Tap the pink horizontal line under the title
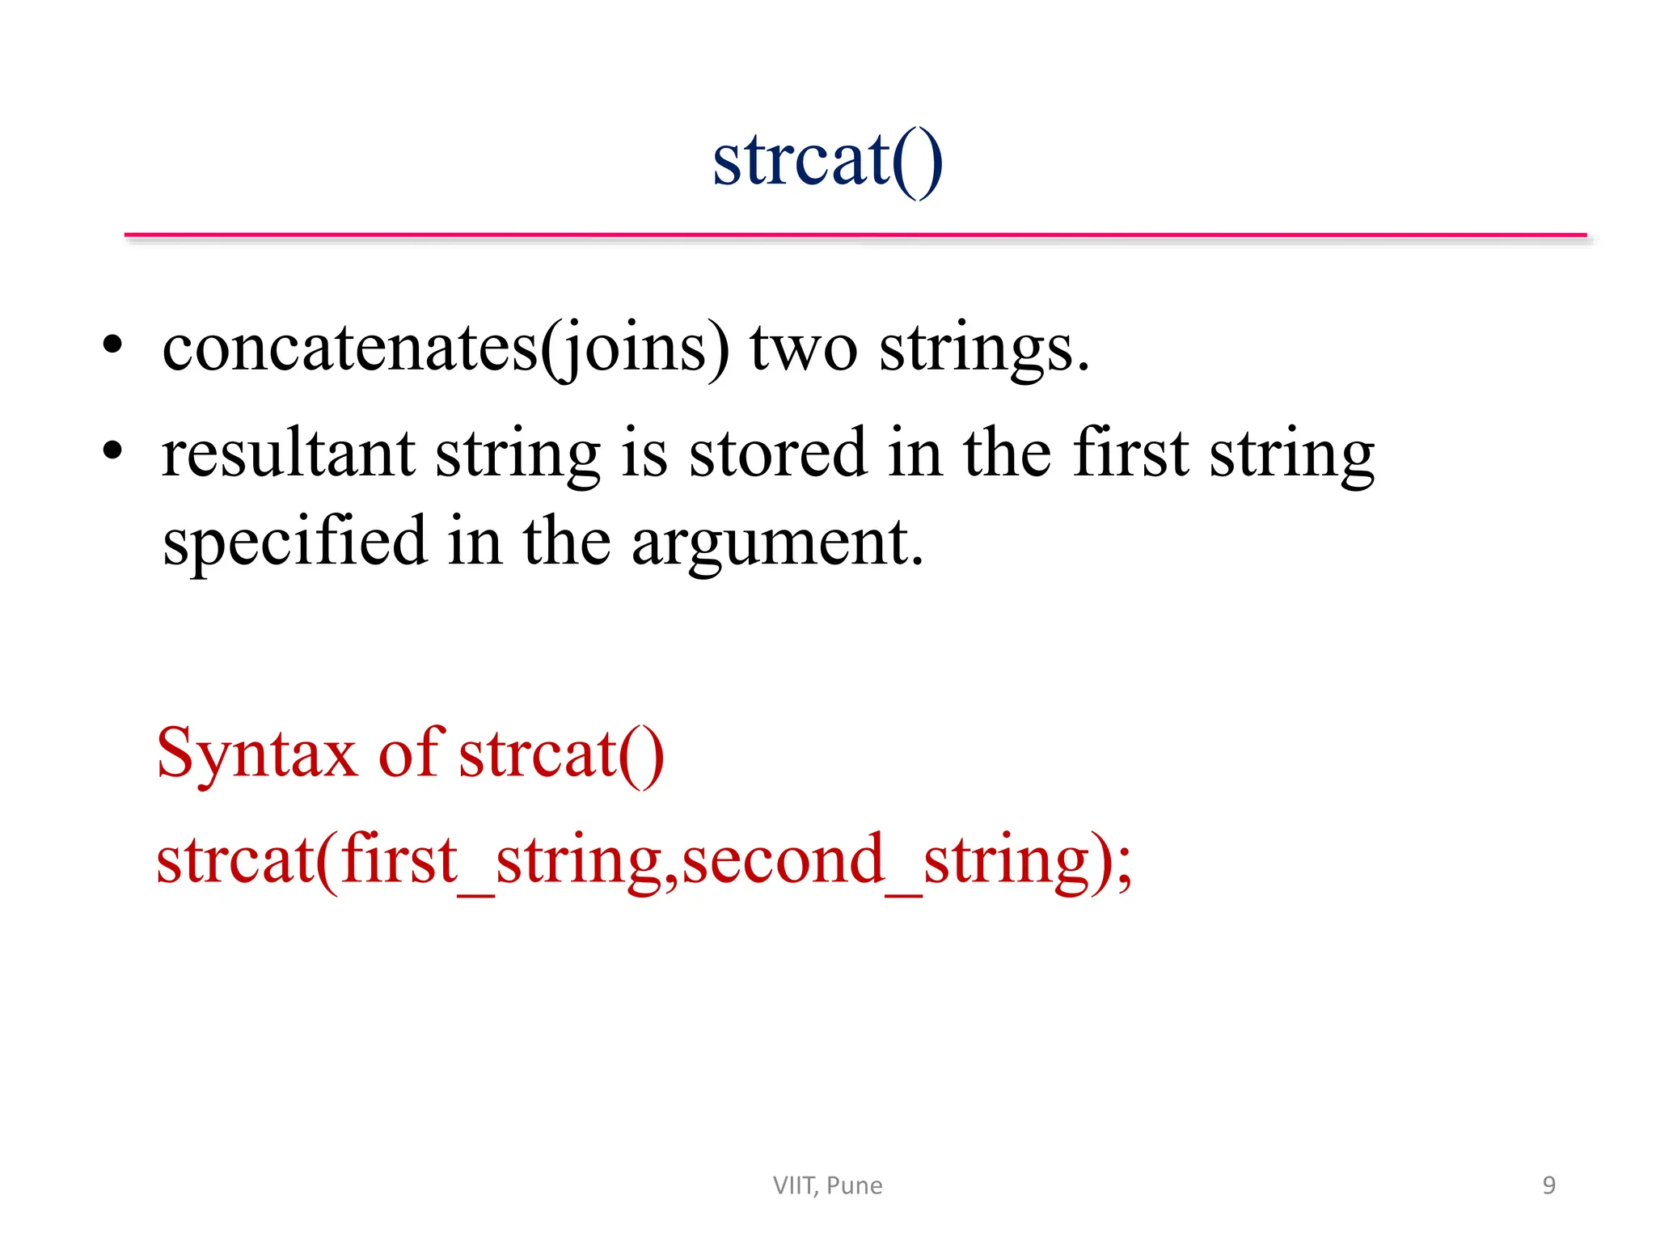click(855, 235)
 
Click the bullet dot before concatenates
click(112, 345)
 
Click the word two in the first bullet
click(803, 349)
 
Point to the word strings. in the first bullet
click(984, 349)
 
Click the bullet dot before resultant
click(112, 450)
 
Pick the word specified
click(294, 542)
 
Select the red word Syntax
click(256, 754)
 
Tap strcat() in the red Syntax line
click(561, 754)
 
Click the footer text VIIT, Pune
click(827, 1185)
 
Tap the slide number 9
click(1548, 1185)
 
